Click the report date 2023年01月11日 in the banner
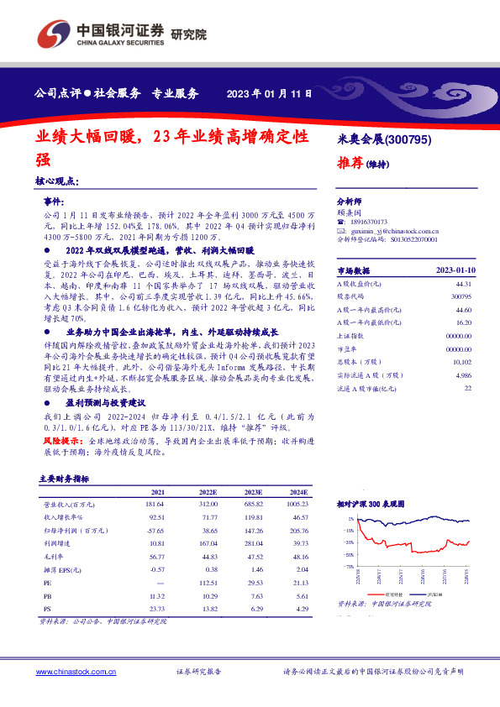click(271, 93)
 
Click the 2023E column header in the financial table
click(253, 491)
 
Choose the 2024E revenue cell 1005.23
click(296, 504)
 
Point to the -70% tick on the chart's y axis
click(348, 568)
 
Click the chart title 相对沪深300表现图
click(370, 504)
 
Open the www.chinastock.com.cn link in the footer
click(69, 672)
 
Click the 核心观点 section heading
click(58, 181)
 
